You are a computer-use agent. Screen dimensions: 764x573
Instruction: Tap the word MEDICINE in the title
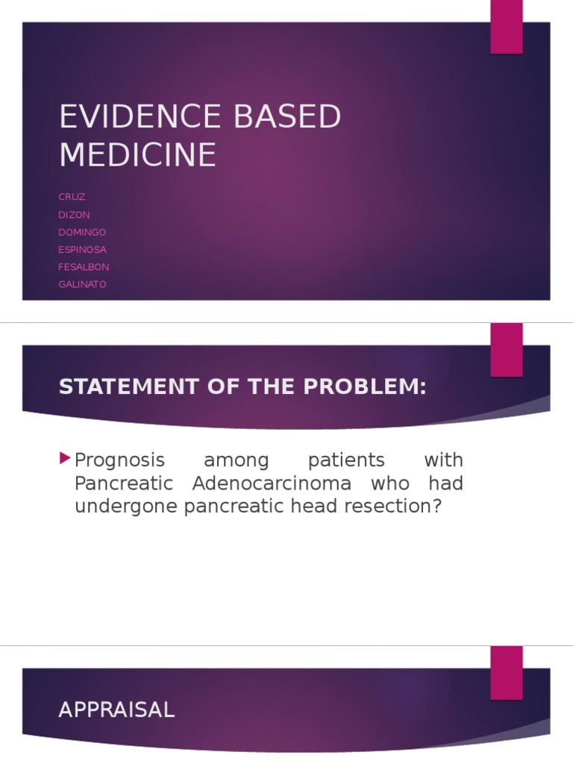(137, 154)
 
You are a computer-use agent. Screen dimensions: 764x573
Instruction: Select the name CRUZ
(72, 197)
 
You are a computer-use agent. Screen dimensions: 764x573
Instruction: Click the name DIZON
(75, 215)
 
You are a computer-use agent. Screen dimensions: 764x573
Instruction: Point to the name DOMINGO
(82, 232)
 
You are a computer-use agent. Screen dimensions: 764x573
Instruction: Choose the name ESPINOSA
(82, 249)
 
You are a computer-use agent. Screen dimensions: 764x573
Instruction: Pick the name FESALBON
(84, 266)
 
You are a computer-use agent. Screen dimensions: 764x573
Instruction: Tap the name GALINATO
(82, 284)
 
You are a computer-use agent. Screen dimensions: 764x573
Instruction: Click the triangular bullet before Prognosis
(65, 457)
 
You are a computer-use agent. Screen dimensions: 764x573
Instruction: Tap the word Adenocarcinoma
(272, 483)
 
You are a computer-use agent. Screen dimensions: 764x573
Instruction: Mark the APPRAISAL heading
(116, 710)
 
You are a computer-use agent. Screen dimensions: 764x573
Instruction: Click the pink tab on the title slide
(506, 27)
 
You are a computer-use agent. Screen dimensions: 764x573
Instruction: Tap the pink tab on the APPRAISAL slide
(506, 672)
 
